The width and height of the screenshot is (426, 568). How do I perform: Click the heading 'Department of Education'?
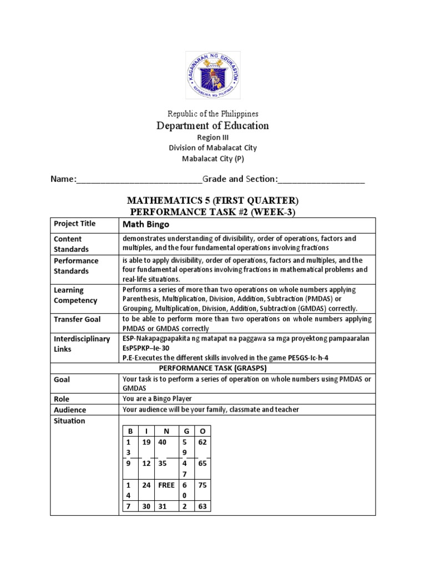pos(212,125)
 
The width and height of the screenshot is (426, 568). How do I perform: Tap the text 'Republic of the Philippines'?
pos(212,114)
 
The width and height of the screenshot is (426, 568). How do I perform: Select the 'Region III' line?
pos(212,138)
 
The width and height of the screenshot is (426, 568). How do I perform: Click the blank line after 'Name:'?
pos(139,180)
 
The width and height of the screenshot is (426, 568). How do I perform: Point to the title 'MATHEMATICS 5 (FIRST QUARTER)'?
pos(212,200)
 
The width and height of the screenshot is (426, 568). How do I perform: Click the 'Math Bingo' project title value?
pos(146,224)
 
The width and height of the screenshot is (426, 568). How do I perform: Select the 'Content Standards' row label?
pos(71,244)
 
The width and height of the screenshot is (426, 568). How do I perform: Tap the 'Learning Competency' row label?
pos(76,295)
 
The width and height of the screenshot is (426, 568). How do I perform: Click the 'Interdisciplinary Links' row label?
pos(82,344)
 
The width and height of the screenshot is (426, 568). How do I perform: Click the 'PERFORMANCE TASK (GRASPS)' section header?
pos(212,368)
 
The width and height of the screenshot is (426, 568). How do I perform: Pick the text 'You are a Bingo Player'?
pos(158,398)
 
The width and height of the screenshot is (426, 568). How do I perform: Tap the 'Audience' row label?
pos(70,410)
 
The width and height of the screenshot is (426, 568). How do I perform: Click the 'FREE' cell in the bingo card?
pos(166,485)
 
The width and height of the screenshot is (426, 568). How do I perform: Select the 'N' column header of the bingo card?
pos(166,430)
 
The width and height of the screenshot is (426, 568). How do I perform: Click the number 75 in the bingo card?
pos(202,485)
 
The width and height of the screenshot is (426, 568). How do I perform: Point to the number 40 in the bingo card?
pos(163,442)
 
